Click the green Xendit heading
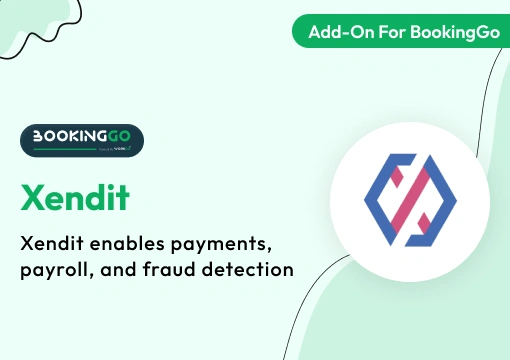(75, 197)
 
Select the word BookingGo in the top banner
(448, 31)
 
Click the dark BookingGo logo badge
(81, 141)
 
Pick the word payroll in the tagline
(58, 269)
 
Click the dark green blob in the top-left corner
(25, 20)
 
